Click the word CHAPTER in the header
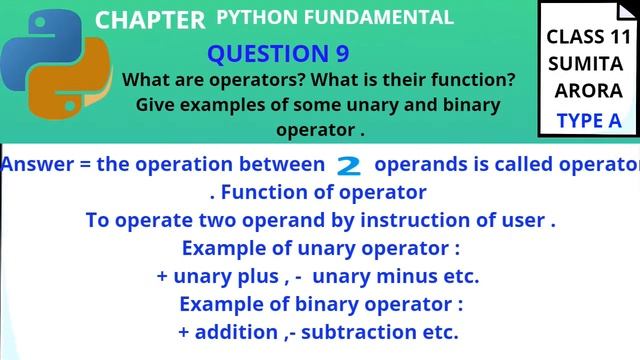(150, 20)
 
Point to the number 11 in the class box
(612, 37)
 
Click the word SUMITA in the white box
(586, 64)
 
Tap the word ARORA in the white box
(588, 91)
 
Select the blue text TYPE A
(588, 121)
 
